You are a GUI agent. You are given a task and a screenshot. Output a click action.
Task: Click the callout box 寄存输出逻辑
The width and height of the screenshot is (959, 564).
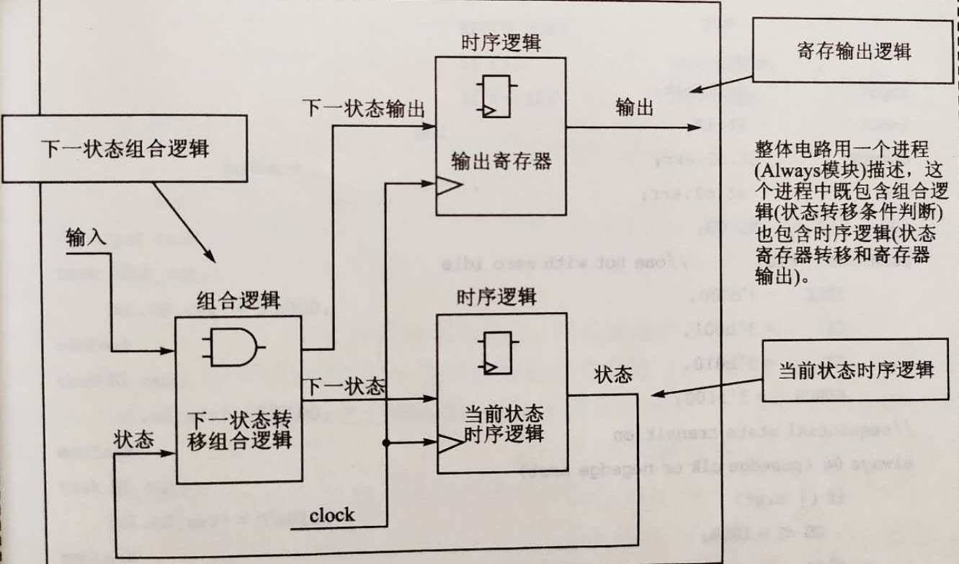[854, 51]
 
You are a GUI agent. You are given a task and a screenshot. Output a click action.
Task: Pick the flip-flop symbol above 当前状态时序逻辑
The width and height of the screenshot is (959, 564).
[496, 353]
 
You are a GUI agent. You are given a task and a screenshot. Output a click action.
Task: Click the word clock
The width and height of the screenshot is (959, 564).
[331, 516]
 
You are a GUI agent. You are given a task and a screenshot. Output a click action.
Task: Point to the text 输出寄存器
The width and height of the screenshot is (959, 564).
[501, 160]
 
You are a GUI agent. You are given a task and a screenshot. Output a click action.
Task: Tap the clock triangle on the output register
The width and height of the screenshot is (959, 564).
[448, 187]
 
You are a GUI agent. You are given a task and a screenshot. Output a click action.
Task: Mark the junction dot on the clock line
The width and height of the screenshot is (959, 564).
[387, 442]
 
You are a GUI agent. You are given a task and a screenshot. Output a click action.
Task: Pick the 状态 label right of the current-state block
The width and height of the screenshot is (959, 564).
[613, 375]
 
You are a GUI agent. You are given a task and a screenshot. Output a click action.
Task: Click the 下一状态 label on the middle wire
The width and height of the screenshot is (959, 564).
[343, 385]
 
